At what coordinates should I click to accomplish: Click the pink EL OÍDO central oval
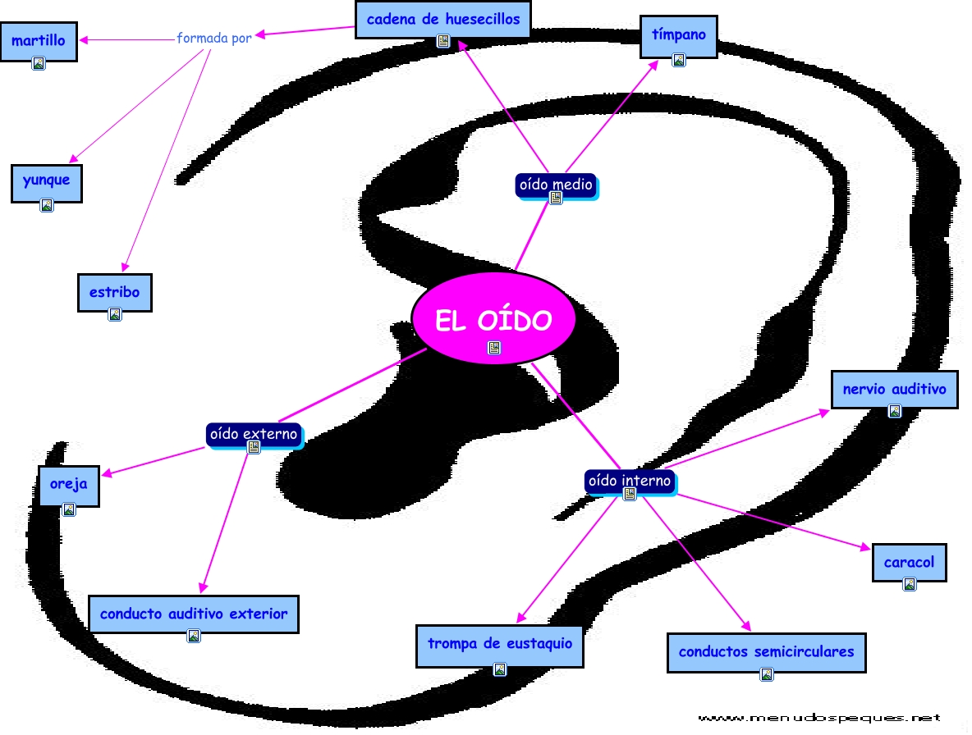click(493, 317)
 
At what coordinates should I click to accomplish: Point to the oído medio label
click(556, 185)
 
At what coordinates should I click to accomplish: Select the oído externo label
click(253, 434)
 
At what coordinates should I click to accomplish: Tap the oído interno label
click(629, 481)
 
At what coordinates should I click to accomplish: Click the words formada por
click(214, 38)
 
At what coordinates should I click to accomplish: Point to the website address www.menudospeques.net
click(818, 717)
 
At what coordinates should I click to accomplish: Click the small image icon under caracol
click(909, 584)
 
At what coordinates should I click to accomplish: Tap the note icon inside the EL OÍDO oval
click(493, 348)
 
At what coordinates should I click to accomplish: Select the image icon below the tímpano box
click(678, 60)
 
